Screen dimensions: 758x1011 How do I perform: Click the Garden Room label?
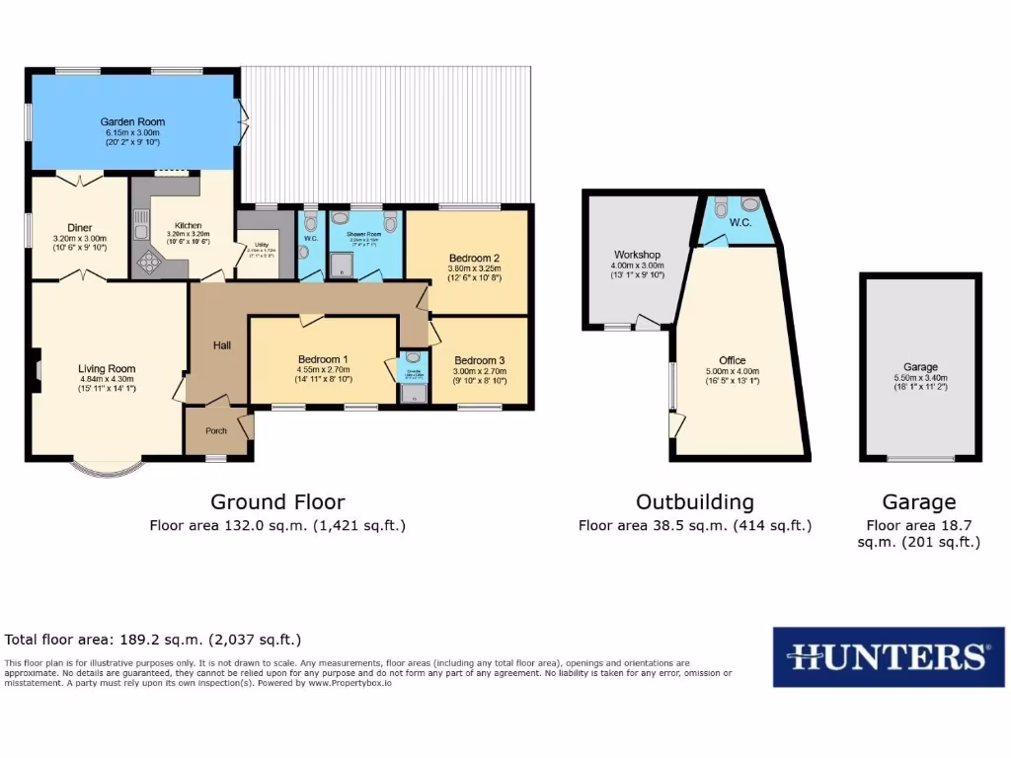(x=132, y=121)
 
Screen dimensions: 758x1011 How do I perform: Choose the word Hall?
(x=222, y=345)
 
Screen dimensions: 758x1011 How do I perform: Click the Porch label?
(x=215, y=430)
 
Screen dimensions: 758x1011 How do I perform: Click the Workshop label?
(x=637, y=254)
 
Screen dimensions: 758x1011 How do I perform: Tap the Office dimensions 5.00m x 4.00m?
(x=733, y=371)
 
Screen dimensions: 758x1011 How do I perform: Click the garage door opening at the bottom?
(x=920, y=459)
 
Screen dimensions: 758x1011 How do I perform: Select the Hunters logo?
(x=888, y=656)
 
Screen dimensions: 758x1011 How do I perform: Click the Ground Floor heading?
(x=277, y=502)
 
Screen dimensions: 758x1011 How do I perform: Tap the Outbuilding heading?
(x=694, y=502)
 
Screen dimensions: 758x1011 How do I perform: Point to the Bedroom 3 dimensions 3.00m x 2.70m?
(x=480, y=370)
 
